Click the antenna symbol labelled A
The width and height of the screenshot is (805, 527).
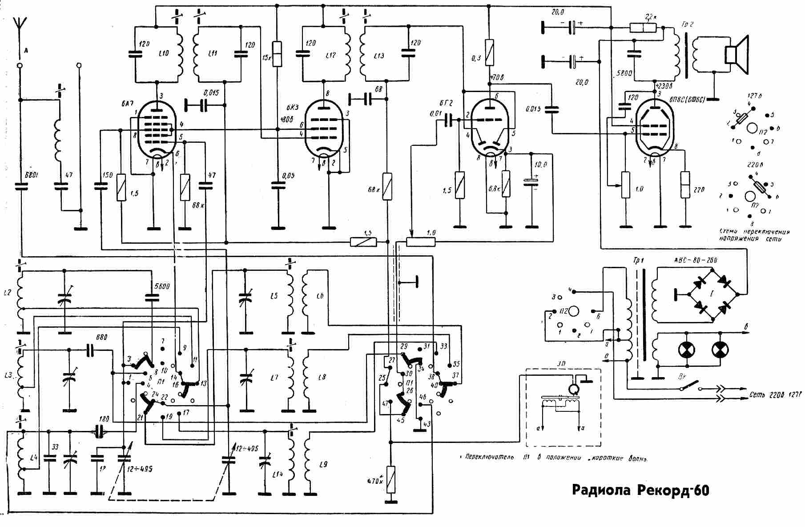(x=18, y=27)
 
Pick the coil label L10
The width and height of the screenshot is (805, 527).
(x=164, y=53)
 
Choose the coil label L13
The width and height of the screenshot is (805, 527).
(x=379, y=56)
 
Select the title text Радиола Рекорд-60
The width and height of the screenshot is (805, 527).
(x=640, y=491)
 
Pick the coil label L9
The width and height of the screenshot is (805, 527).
(x=323, y=465)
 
